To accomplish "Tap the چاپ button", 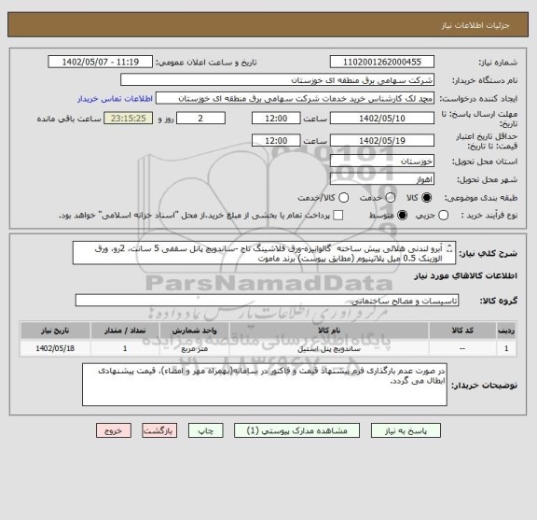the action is pos(213,432).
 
